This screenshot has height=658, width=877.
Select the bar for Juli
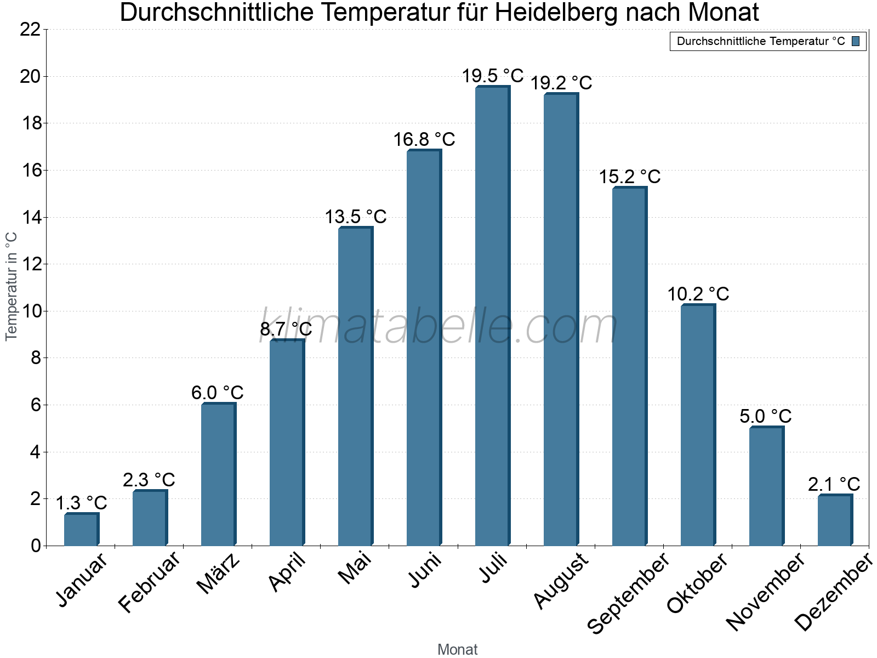coord(492,316)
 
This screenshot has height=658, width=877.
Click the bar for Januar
coord(81,530)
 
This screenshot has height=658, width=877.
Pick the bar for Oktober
coord(698,425)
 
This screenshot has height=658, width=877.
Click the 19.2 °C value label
coord(561,83)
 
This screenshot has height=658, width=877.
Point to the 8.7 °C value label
coord(286,329)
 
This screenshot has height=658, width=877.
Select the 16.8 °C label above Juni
coord(424,139)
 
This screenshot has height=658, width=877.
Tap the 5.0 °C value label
coord(765,416)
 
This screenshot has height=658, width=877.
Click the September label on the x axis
coord(628,593)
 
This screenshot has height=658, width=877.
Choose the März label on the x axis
coord(218,574)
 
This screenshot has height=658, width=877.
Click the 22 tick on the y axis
coord(30,30)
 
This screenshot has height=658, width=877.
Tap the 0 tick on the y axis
coord(36,546)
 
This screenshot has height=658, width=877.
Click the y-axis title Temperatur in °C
coord(12,286)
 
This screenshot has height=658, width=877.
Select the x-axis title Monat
coord(457,649)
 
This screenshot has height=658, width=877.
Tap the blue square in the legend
coord(856,41)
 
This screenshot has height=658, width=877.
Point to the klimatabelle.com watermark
coord(438,327)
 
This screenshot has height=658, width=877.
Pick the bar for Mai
coord(355,387)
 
